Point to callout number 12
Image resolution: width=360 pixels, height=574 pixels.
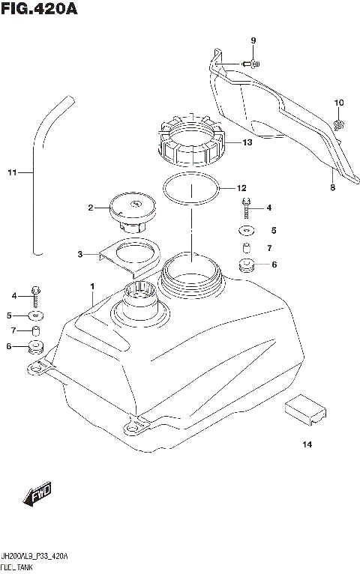[241, 188]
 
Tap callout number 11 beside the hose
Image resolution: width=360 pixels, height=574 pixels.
[11, 173]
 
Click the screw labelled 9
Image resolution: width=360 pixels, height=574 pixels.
[252, 64]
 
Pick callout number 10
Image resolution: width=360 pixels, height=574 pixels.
[338, 103]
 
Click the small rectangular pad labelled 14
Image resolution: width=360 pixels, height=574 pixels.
[306, 408]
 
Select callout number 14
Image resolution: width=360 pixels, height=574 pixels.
[306, 445]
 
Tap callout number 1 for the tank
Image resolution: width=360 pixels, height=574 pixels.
[92, 286]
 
